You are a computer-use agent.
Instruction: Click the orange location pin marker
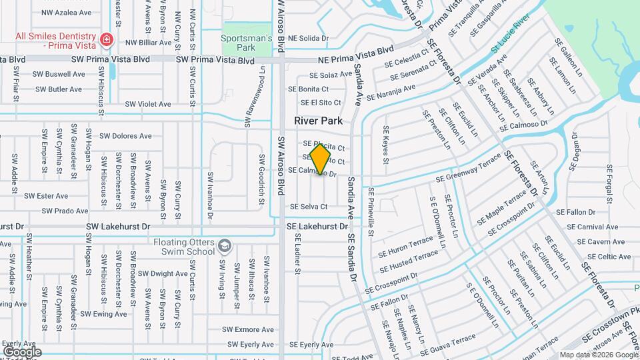tap(321, 159)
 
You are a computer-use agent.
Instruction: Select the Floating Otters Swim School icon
tap(224, 247)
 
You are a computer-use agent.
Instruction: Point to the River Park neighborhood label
tap(318, 121)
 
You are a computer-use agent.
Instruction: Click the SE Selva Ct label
tap(308, 207)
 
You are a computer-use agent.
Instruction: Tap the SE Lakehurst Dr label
tap(317, 227)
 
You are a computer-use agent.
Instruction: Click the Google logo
tap(22, 351)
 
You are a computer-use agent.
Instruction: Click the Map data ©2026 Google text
tap(598, 355)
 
